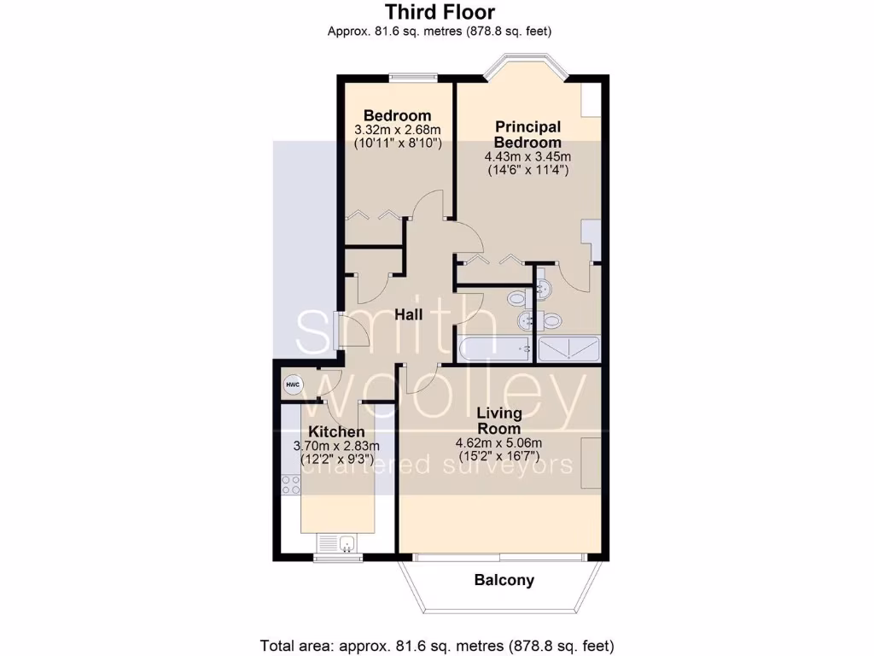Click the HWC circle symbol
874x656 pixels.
coord(293,384)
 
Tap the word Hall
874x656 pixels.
coord(409,315)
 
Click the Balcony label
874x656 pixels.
coord(504,581)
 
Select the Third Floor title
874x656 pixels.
coord(439,12)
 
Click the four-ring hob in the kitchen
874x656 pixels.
coord(291,486)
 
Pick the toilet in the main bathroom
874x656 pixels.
coord(517,298)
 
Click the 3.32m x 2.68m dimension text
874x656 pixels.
coord(397,130)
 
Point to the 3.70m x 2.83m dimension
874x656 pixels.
coord(336,446)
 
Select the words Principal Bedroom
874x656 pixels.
coord(527,135)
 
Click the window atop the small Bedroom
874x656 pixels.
coord(414,78)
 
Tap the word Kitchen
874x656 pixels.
coord(336,431)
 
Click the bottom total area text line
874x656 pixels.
coord(436,645)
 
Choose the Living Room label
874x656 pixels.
coord(500,420)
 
